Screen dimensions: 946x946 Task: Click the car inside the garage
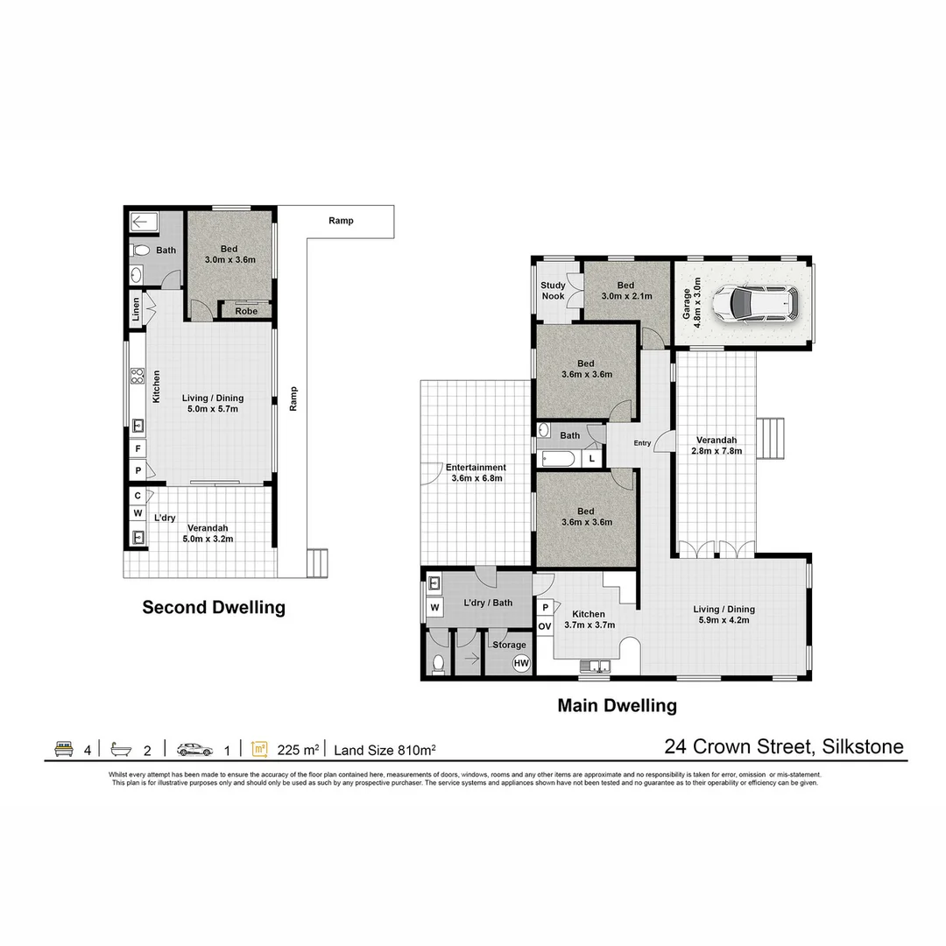click(754, 303)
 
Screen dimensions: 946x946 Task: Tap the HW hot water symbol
click(521, 663)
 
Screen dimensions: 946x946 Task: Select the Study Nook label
click(553, 291)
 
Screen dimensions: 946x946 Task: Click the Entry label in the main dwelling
click(642, 443)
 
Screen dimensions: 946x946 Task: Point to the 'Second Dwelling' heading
click(214, 607)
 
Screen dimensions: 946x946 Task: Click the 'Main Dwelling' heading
click(618, 705)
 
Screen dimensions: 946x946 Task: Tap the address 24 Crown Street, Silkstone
click(784, 747)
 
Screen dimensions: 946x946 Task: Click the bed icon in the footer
click(64, 749)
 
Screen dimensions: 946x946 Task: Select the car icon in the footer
click(194, 749)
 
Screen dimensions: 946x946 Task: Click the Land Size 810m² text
click(385, 750)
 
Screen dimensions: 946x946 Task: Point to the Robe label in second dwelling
click(246, 311)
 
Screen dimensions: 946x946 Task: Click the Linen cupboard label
click(136, 312)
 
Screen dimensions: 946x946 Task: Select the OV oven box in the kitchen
click(544, 626)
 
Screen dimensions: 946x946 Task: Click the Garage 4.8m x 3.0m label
click(692, 301)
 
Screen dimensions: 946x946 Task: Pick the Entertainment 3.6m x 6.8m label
click(475, 473)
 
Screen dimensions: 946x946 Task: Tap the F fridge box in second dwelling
click(138, 449)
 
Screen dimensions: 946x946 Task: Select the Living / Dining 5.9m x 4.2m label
click(724, 615)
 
